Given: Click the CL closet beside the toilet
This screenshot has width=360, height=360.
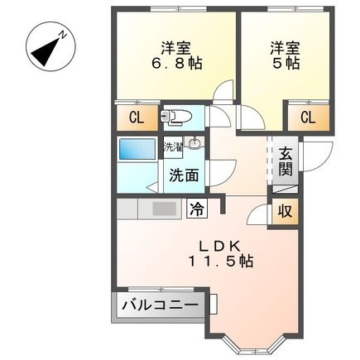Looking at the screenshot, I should click(135, 117).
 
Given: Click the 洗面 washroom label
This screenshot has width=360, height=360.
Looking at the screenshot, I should click(184, 175).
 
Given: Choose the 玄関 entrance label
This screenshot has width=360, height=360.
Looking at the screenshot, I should click(285, 161).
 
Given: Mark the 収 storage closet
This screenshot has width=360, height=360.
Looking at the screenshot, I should click(284, 210).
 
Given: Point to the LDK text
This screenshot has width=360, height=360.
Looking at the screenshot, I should click(218, 245).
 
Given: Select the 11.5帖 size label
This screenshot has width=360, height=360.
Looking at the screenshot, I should click(218, 262).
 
